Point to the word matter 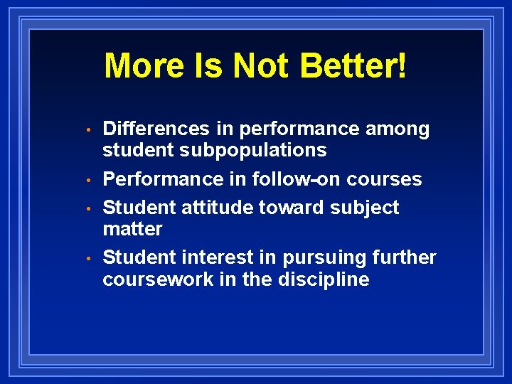coord(132,229)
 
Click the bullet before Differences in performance coord(87,130)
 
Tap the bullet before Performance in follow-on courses coord(87,180)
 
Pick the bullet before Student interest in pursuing coord(87,259)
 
